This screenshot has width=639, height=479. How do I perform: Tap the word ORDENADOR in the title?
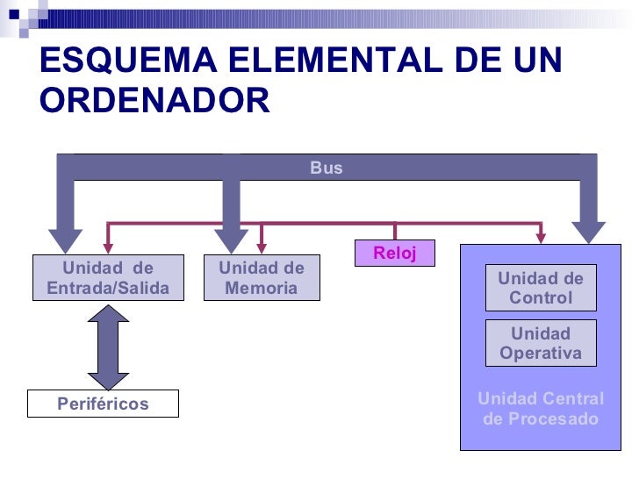(x=154, y=101)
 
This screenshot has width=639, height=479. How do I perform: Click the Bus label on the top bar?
(x=326, y=168)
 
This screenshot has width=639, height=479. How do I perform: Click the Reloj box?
(x=394, y=254)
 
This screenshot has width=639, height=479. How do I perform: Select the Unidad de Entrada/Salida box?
(x=108, y=278)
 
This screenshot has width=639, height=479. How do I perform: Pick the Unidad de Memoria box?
(x=262, y=278)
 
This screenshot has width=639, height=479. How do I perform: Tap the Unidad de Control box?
(x=540, y=288)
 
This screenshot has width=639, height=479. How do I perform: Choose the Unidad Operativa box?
(x=540, y=343)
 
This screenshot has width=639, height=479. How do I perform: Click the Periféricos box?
(x=103, y=404)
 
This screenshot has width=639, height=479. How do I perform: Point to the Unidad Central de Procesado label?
(x=540, y=409)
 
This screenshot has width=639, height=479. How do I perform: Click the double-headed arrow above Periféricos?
(x=108, y=347)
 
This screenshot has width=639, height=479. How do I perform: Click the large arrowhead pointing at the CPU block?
(x=587, y=231)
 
